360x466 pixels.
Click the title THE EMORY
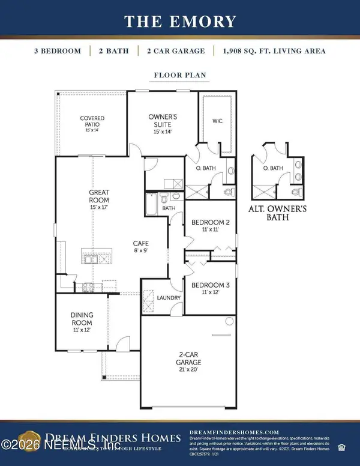[180, 22]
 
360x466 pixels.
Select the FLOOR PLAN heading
[180, 76]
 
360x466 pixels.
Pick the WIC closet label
[218, 121]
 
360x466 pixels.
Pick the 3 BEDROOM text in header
[58, 51]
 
